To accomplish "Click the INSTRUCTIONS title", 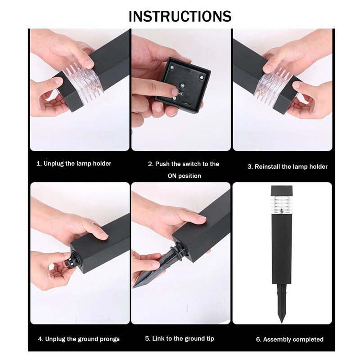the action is (x=180, y=16).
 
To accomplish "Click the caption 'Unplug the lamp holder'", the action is (x=74, y=163).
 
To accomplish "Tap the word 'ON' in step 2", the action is (x=172, y=176).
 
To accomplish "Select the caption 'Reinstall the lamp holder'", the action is (x=288, y=166).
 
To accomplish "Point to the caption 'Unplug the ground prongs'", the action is (x=79, y=339).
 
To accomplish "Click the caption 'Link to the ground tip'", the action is (x=180, y=338).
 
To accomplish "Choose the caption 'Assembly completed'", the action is (x=290, y=339).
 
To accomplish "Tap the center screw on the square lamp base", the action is (x=182, y=85).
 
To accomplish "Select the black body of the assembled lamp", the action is (x=282, y=249).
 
